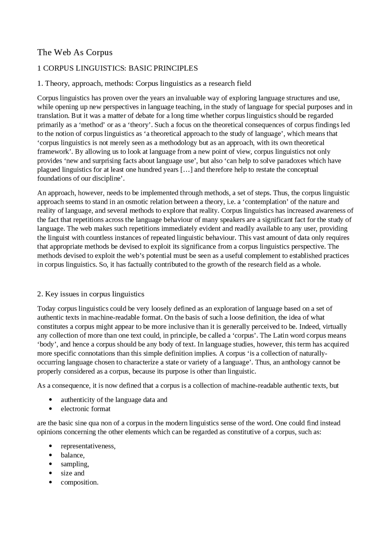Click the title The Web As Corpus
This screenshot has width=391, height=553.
[x=75, y=52]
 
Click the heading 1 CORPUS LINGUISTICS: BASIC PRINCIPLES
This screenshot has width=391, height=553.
[x=117, y=68]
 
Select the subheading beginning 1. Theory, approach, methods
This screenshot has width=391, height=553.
[x=144, y=83]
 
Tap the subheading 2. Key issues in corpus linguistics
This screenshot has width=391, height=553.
[x=90, y=294]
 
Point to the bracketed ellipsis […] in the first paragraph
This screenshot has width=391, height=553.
[x=186, y=169]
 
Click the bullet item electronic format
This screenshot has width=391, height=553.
[x=85, y=409]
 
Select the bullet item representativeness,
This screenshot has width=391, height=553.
[x=88, y=446]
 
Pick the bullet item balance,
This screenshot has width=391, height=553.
[x=72, y=455]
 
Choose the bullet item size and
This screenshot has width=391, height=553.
[x=72, y=473]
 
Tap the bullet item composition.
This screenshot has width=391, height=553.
[x=79, y=482]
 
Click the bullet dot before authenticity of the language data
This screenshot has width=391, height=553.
[x=50, y=400]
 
